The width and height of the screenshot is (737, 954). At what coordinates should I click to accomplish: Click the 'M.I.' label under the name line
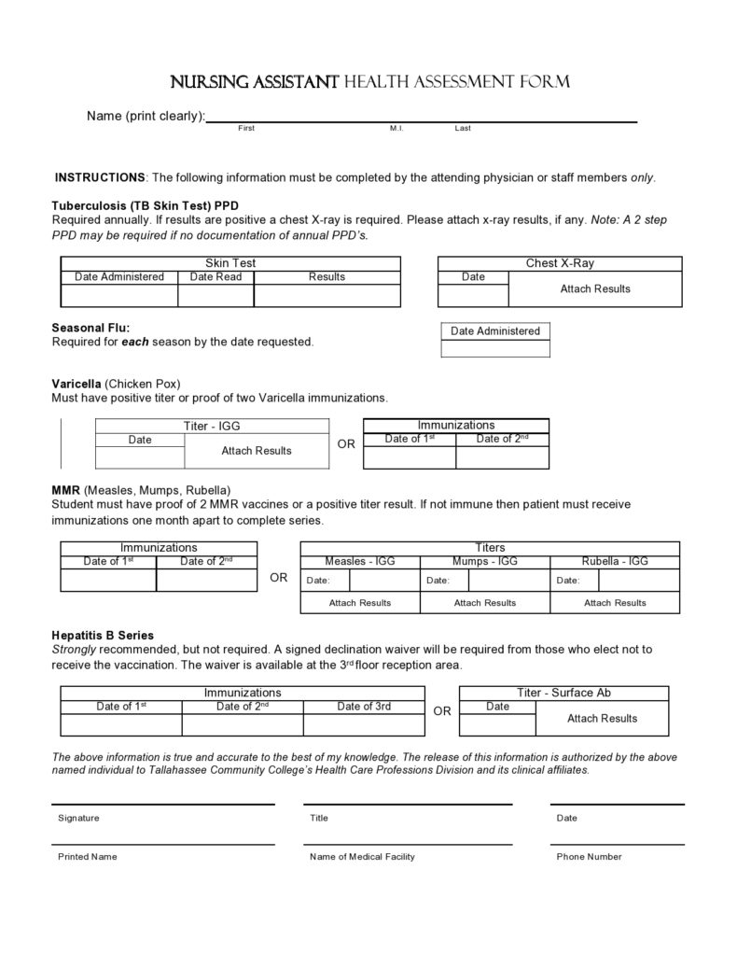click(396, 128)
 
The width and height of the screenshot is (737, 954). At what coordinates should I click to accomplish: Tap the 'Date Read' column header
click(216, 276)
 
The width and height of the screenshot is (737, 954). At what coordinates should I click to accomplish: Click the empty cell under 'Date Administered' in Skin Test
click(118, 295)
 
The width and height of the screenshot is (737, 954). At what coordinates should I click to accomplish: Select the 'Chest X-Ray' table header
click(559, 263)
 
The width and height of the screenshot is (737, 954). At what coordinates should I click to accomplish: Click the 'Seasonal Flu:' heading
click(90, 328)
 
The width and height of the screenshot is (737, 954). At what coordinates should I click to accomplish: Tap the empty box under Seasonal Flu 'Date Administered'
click(494, 348)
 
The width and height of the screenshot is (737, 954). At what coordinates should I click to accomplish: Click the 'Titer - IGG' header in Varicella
click(212, 427)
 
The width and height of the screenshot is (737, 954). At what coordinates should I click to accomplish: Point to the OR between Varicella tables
click(346, 444)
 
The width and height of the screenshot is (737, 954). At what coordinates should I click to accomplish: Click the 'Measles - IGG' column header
click(359, 561)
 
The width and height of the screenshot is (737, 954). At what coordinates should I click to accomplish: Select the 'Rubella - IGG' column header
click(614, 561)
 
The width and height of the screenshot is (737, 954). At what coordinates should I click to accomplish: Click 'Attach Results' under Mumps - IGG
click(484, 603)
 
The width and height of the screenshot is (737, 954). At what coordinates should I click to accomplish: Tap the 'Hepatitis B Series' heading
click(103, 635)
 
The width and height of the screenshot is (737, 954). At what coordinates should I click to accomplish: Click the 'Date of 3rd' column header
click(364, 707)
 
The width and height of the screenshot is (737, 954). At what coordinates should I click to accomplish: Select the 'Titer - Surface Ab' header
click(563, 693)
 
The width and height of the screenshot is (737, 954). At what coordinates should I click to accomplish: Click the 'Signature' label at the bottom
click(78, 818)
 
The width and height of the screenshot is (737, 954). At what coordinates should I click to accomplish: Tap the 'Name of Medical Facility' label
click(362, 857)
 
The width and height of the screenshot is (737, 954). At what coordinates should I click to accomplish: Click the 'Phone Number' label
click(589, 857)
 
